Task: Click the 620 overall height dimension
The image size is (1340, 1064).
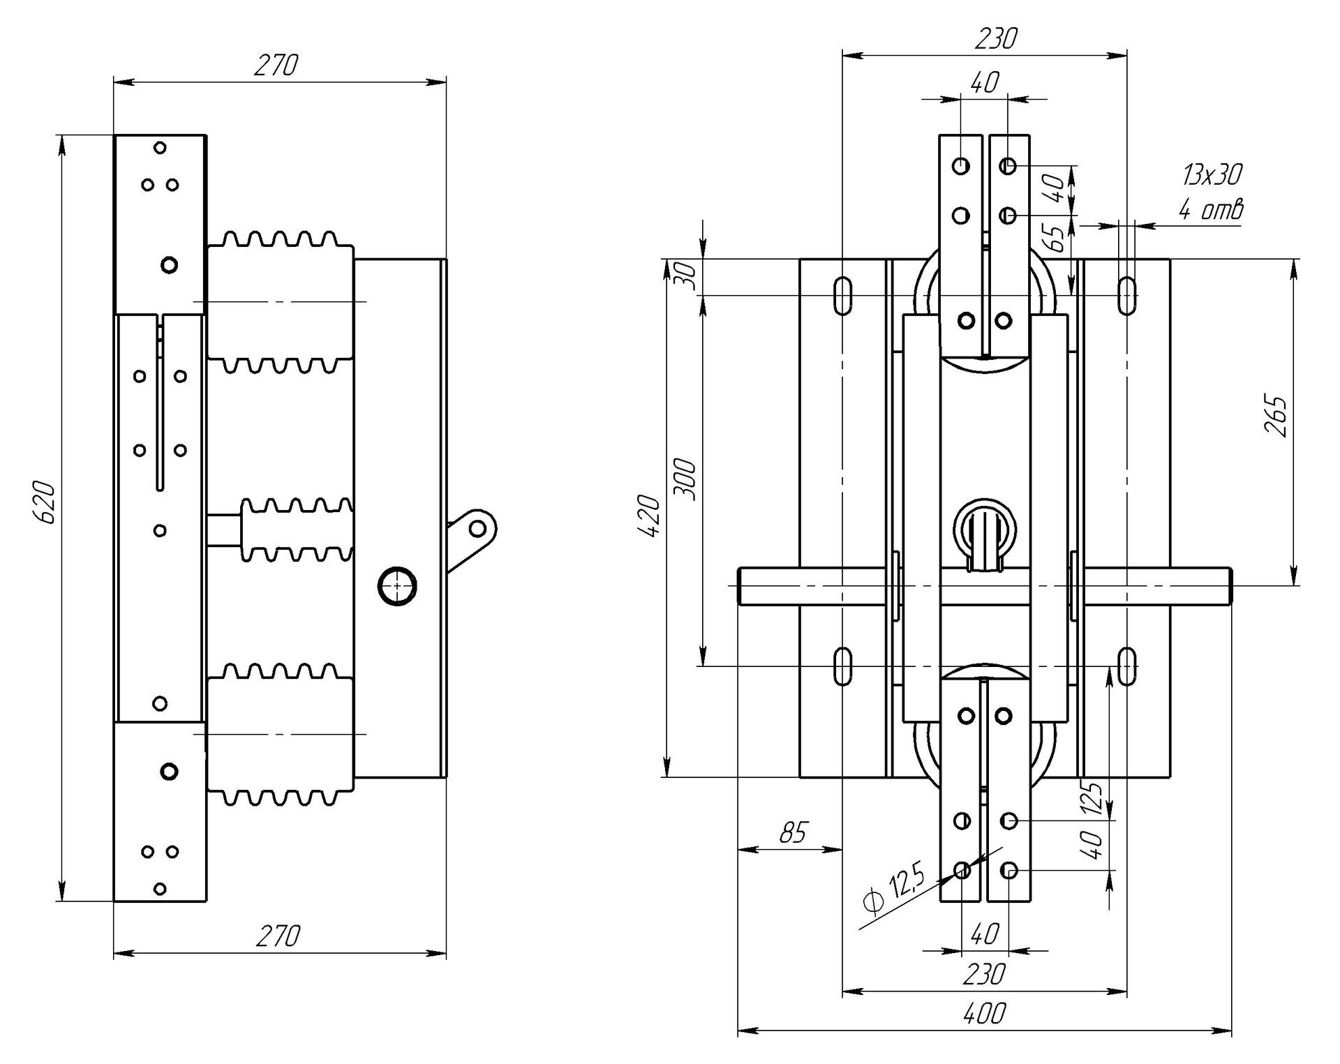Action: coord(44,501)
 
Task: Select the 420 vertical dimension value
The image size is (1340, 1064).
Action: coord(648,516)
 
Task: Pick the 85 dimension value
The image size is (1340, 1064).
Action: coord(792,832)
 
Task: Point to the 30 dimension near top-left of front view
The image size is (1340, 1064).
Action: coord(687,277)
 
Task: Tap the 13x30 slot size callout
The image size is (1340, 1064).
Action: coord(1212,174)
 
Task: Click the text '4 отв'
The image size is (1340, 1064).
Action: coord(1211,209)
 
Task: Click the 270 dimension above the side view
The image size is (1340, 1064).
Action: coord(276,65)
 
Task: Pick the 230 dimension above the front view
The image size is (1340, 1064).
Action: coord(995,38)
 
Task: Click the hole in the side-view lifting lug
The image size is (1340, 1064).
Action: coord(478,528)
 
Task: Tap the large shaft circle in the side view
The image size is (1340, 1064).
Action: coord(397,586)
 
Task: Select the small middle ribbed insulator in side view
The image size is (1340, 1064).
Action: coord(297,530)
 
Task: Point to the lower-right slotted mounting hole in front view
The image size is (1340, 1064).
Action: coord(1127,666)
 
